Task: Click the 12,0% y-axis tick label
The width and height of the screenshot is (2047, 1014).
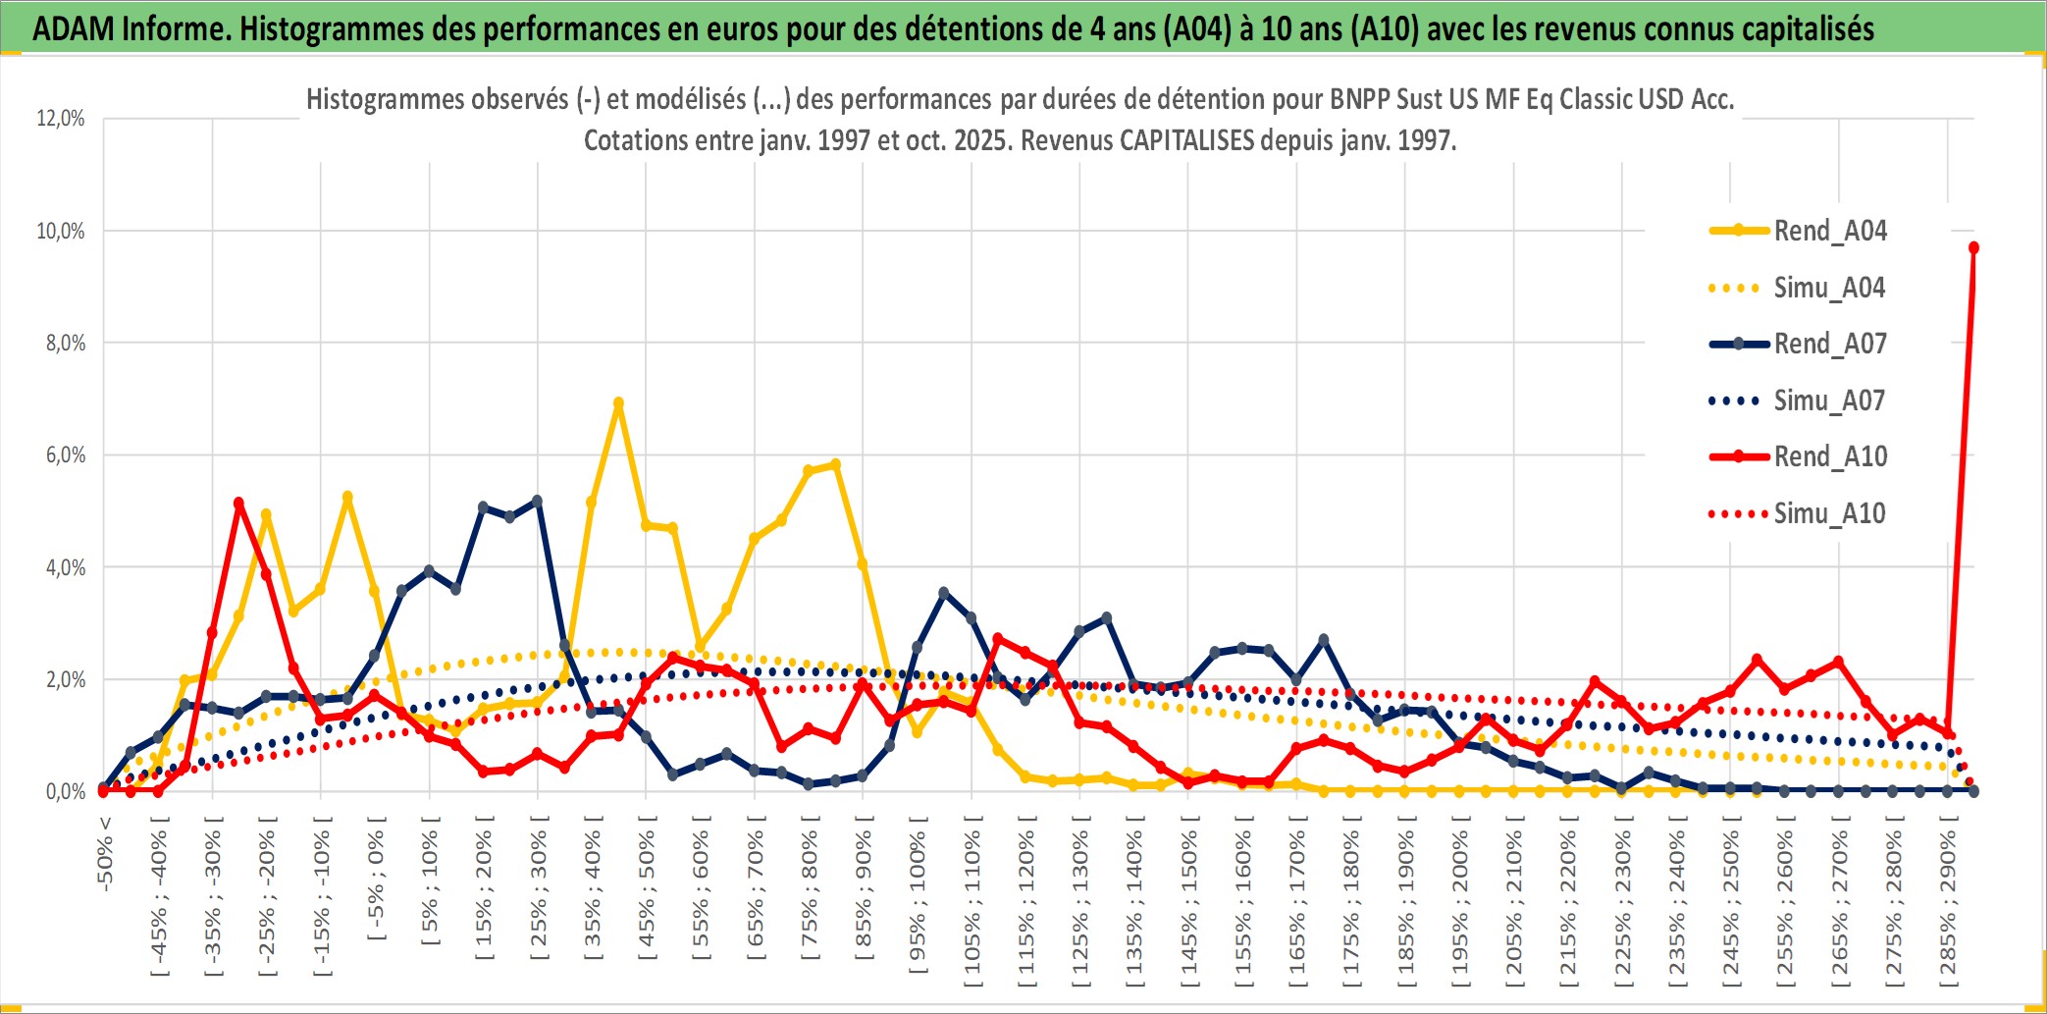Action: (x=61, y=119)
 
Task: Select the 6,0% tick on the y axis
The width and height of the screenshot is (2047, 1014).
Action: (x=65, y=455)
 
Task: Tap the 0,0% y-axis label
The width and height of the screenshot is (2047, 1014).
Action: (x=65, y=792)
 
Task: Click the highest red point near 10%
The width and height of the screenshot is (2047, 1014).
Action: (x=1973, y=248)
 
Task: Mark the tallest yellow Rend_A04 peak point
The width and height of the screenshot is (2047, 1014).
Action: (x=618, y=403)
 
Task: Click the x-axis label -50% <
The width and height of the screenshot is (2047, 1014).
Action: (x=105, y=854)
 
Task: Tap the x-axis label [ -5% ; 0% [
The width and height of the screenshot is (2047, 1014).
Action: (x=376, y=879)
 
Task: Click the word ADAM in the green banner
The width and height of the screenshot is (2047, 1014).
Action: (x=74, y=29)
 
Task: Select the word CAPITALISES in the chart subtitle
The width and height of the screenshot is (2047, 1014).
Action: (x=1186, y=140)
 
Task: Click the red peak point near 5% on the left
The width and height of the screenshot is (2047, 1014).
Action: (x=238, y=503)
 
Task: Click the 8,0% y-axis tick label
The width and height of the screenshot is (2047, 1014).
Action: (x=65, y=344)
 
